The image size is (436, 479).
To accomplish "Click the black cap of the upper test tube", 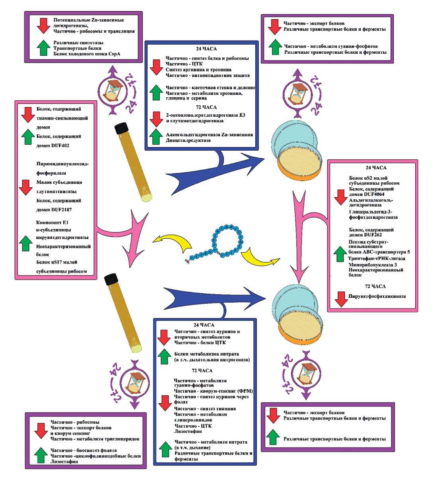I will [x=120, y=128].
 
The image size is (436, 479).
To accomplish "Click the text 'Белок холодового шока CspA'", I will [x=86, y=54].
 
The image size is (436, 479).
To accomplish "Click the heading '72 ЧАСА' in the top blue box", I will [x=206, y=107].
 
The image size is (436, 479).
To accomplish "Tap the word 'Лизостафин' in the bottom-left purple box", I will [x=64, y=461].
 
